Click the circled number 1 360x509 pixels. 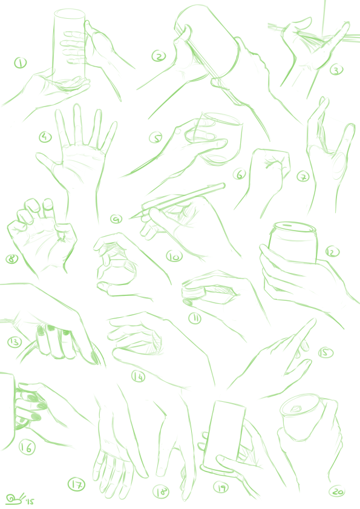tap(20, 63)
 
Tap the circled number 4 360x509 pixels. tap(45, 137)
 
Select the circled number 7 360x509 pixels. tap(303, 177)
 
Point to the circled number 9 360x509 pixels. tap(116, 219)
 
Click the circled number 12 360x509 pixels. tap(332, 252)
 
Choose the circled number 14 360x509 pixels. tap(139, 376)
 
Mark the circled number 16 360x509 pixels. tap(27, 447)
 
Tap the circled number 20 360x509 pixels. tap(337, 491)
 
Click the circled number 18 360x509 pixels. tap(161, 492)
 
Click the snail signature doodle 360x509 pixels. tap(15, 498)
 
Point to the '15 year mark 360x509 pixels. tap(30, 502)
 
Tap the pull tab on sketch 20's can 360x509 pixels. tap(296, 409)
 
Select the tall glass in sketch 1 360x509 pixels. tap(69, 46)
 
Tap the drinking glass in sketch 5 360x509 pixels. tap(214, 138)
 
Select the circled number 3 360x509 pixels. tap(336, 70)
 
